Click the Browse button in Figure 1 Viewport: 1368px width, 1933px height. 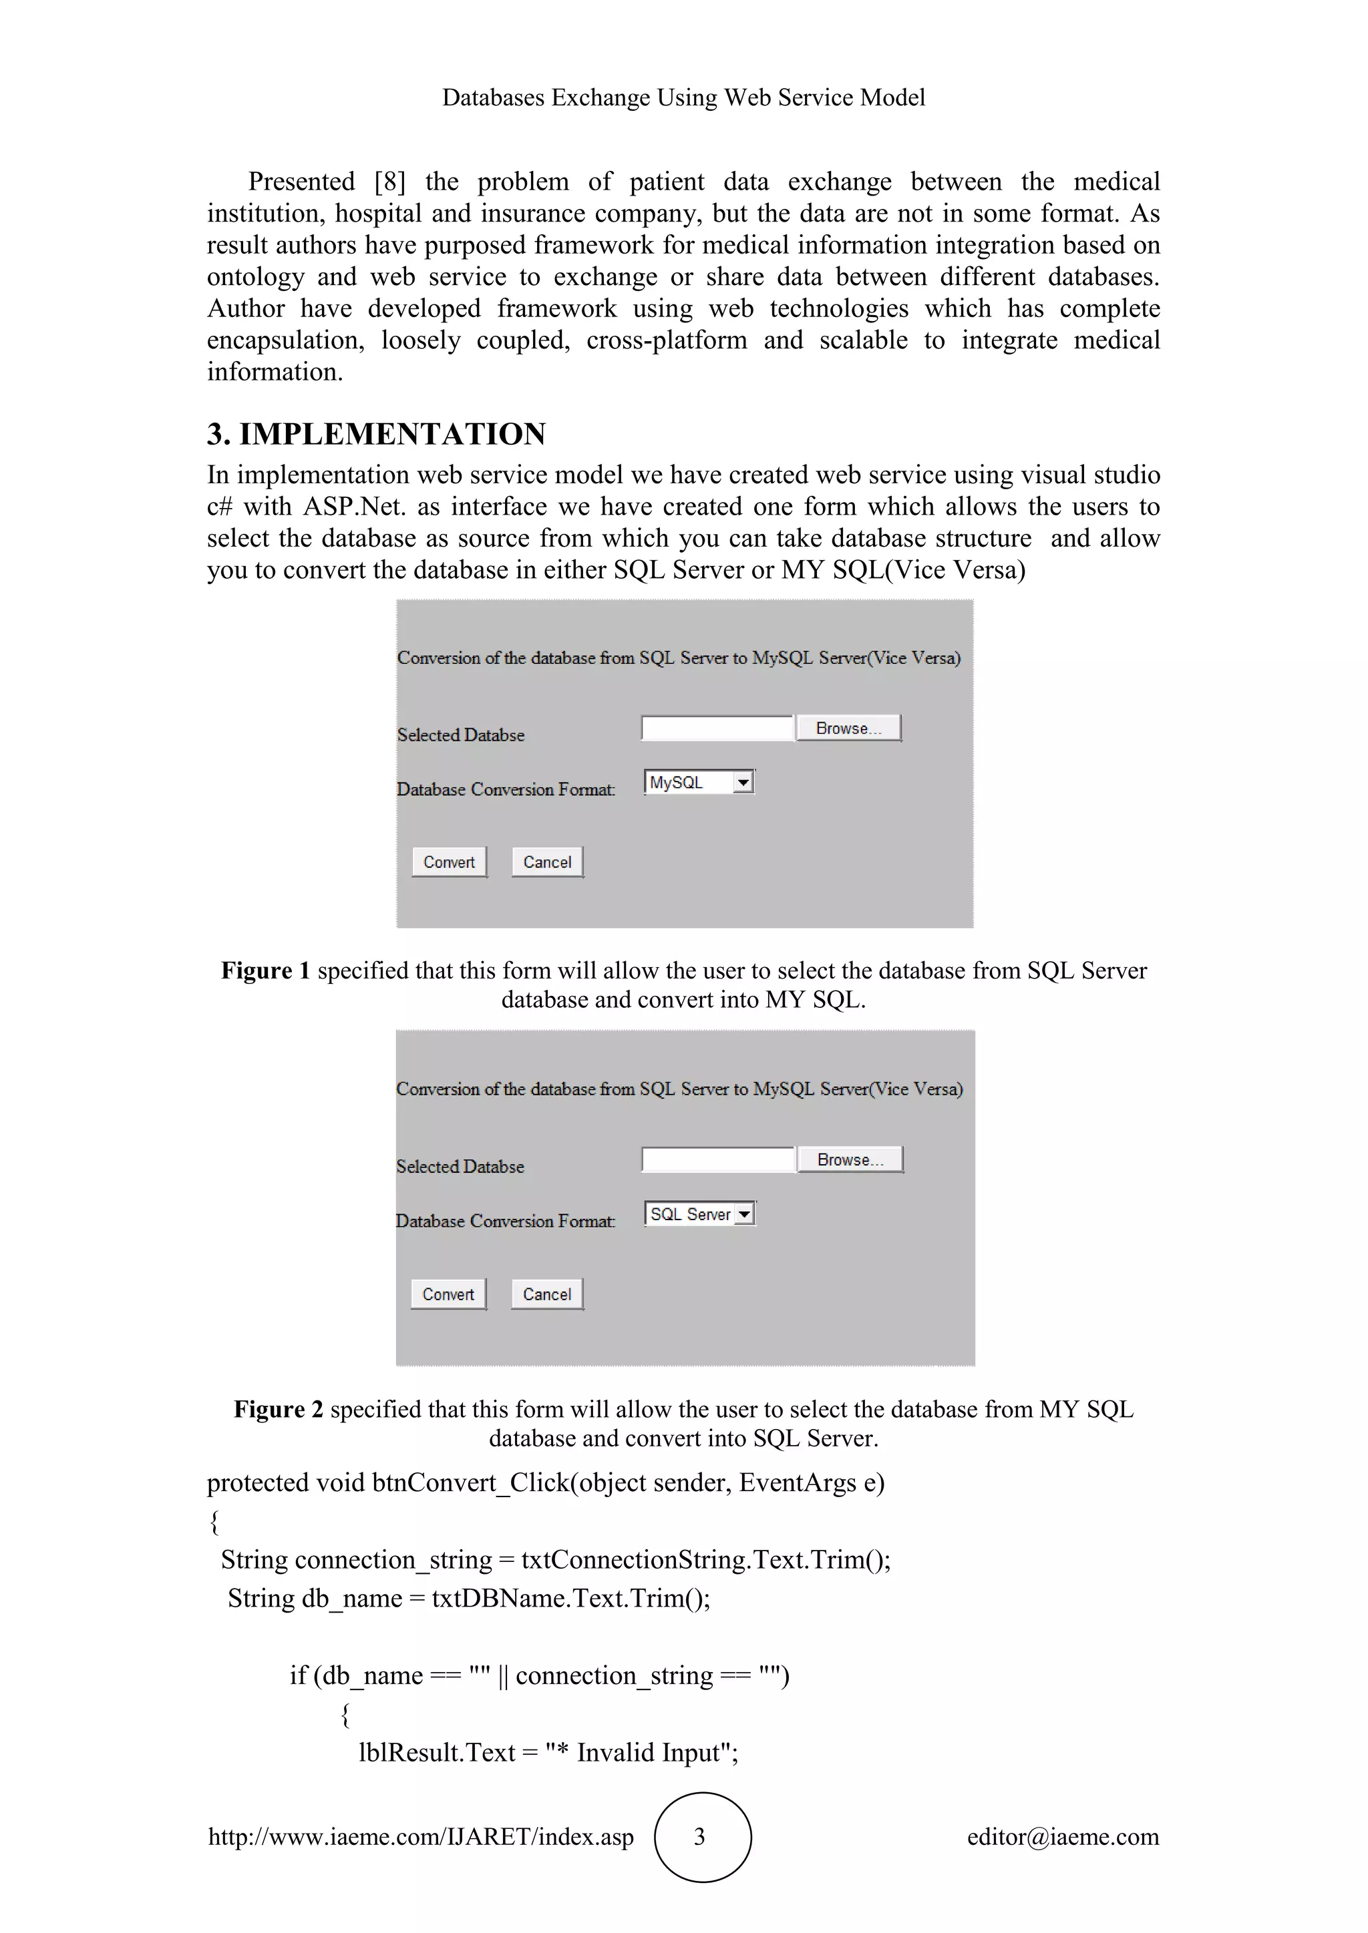[x=848, y=728]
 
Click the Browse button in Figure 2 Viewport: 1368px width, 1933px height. [x=850, y=1159]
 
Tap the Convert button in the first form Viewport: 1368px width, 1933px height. [x=449, y=862]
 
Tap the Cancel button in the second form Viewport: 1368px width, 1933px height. [x=546, y=1294]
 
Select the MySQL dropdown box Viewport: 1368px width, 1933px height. [x=698, y=782]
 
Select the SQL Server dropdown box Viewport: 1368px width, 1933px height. [x=699, y=1214]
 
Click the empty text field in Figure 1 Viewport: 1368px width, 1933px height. [x=717, y=728]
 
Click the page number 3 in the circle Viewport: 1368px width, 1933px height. [x=700, y=1837]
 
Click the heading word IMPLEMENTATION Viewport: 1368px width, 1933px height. [x=393, y=435]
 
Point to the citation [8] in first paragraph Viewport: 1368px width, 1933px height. [x=389, y=182]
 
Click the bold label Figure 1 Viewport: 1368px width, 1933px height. [x=265, y=971]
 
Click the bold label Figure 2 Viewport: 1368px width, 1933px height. [x=278, y=1409]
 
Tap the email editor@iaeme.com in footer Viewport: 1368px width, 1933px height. [x=1062, y=1837]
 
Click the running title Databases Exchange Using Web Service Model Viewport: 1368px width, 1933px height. [x=683, y=97]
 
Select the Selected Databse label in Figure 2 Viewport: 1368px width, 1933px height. [x=460, y=1166]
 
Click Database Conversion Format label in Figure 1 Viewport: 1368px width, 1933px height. [x=506, y=789]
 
